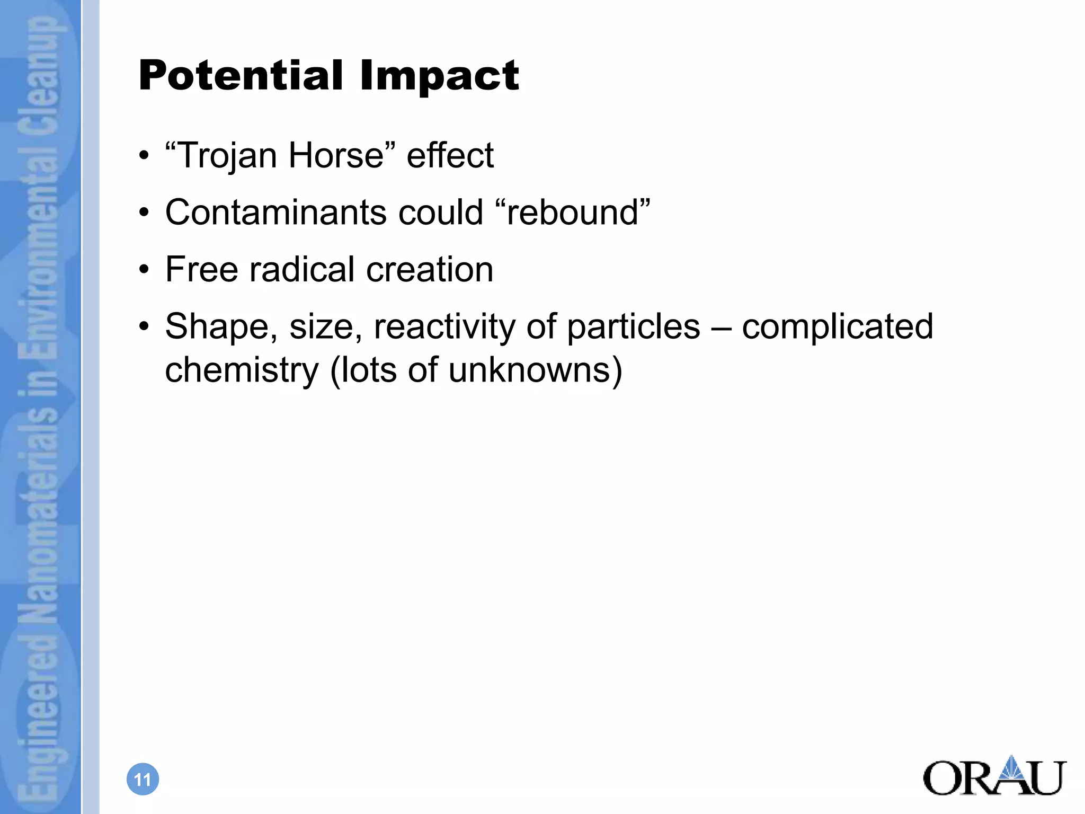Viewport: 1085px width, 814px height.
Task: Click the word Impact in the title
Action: (x=439, y=76)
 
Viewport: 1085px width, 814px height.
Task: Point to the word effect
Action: (x=450, y=156)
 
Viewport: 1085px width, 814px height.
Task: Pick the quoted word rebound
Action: (x=572, y=213)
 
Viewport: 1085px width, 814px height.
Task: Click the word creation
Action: (x=430, y=269)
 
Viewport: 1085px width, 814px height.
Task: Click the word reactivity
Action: (x=444, y=326)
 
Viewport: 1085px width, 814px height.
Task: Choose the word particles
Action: (x=634, y=326)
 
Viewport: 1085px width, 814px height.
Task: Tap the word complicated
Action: (x=837, y=326)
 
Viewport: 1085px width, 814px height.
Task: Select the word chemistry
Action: (x=242, y=370)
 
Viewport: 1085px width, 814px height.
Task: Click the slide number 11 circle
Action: (x=143, y=779)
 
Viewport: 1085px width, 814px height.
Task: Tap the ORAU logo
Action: (x=994, y=776)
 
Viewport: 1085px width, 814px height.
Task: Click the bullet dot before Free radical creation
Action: (x=144, y=270)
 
